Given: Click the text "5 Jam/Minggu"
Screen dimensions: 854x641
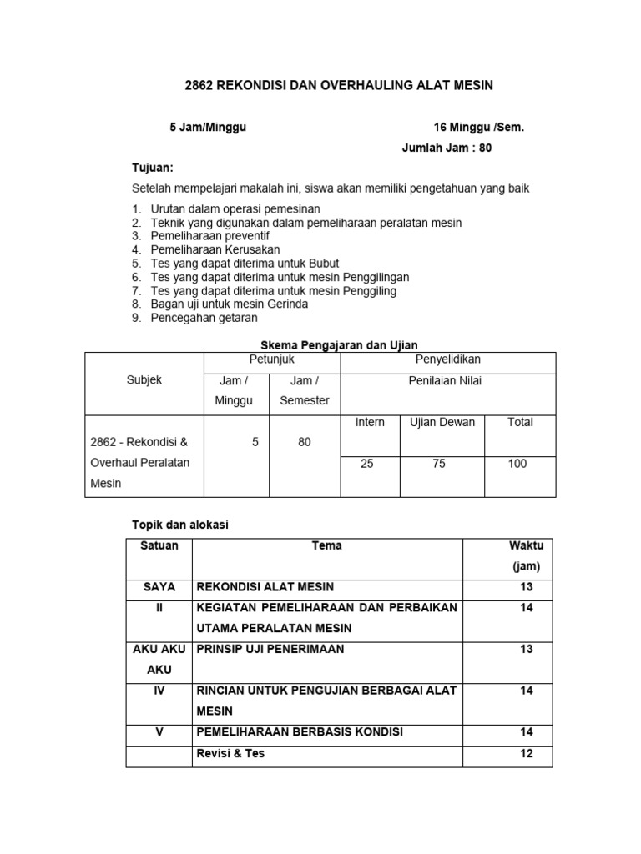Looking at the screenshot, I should point(208,128).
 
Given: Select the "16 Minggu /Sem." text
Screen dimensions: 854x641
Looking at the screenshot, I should point(479,128).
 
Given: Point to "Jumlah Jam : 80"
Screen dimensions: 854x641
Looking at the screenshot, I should point(453,148).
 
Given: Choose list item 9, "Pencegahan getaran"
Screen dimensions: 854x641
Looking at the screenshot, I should point(204,318).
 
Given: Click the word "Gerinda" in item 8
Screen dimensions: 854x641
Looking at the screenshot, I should point(287,304).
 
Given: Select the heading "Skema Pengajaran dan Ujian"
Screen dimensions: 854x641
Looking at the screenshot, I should point(340,344).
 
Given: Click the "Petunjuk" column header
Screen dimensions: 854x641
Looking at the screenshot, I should point(272,359).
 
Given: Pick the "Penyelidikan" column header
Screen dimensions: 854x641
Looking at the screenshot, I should point(448,359).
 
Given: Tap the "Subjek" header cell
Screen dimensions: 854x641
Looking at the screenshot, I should point(144,380).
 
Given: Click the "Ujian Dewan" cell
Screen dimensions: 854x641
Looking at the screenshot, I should point(442,422).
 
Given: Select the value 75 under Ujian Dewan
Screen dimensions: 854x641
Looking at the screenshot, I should point(439,464).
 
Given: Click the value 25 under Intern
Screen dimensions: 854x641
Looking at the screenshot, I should point(367,464).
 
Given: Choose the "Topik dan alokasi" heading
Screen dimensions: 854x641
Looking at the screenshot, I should point(180,525).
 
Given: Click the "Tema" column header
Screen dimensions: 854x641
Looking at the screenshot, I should point(326,546).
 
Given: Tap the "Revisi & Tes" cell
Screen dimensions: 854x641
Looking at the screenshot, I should point(230,754).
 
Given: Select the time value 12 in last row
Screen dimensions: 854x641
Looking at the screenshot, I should point(526,754).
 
